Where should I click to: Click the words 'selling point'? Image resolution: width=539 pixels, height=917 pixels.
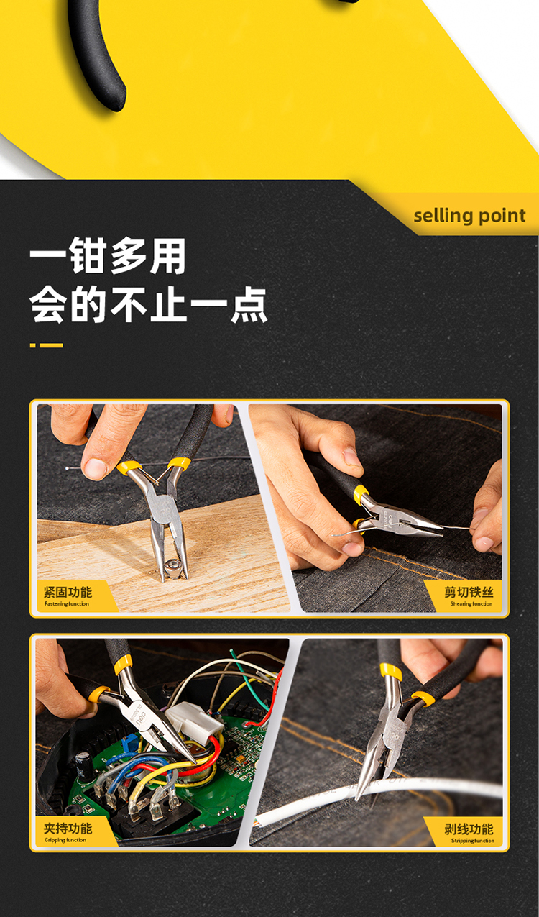click(x=469, y=216)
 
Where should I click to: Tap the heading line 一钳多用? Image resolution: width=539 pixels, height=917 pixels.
click(x=108, y=256)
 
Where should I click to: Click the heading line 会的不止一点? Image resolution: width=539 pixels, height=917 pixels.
click(x=149, y=305)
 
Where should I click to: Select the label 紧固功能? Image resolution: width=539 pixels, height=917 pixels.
click(x=68, y=593)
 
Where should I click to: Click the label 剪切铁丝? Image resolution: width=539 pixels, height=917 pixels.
click(x=469, y=592)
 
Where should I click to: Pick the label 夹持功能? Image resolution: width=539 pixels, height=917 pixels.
click(x=68, y=829)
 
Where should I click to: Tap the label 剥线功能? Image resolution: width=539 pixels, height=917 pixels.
click(x=469, y=829)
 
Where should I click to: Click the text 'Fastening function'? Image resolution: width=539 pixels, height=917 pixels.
click(x=67, y=604)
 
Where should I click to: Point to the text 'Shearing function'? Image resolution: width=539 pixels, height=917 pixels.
click(x=471, y=604)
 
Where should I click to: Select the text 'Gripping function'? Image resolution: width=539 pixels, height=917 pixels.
click(x=65, y=840)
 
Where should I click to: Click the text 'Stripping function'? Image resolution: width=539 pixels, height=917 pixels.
click(x=473, y=841)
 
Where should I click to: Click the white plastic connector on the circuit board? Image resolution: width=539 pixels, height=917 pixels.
click(x=194, y=724)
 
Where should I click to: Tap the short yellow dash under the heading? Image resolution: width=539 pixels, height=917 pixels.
click(x=33, y=345)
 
